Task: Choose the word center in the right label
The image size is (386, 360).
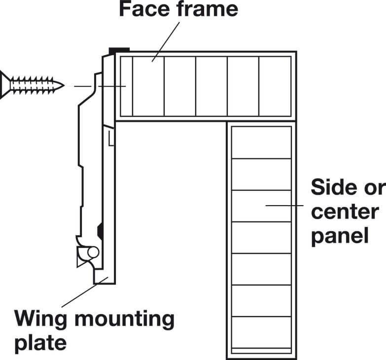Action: click(x=345, y=212)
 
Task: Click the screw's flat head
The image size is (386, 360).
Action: click(x=5, y=85)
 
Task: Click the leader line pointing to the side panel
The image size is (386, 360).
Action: click(x=284, y=205)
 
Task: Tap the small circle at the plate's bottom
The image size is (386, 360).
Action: click(x=93, y=252)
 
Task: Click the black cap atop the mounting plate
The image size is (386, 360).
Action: click(x=119, y=50)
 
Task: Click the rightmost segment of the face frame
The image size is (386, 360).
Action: click(x=275, y=86)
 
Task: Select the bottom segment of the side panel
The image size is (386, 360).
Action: click(x=261, y=332)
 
